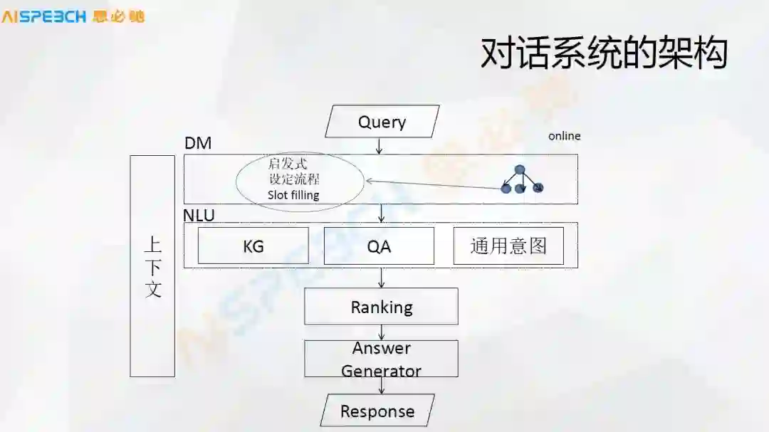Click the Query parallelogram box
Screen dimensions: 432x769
[382, 122]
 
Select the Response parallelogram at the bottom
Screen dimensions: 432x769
[377, 411]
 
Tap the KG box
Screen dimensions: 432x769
[253, 246]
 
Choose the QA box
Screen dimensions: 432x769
[379, 246]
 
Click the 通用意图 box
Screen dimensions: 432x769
[508, 246]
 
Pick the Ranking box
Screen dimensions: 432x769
[381, 307]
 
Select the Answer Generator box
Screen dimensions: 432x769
[381, 359]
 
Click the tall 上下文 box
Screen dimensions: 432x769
[152, 265]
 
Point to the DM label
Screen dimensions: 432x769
[198, 143]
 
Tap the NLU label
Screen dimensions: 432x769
[199, 215]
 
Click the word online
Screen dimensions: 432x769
[564, 136]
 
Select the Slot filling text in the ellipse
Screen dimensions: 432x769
[293, 195]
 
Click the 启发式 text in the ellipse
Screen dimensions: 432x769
[288, 164]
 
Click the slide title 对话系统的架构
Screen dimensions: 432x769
[604, 53]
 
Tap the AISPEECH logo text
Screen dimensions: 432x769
[44, 16]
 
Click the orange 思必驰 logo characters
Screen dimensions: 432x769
[118, 16]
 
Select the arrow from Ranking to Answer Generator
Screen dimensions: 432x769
[382, 332]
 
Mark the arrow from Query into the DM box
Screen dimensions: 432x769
[380, 146]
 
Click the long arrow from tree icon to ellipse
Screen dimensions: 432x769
[434, 184]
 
